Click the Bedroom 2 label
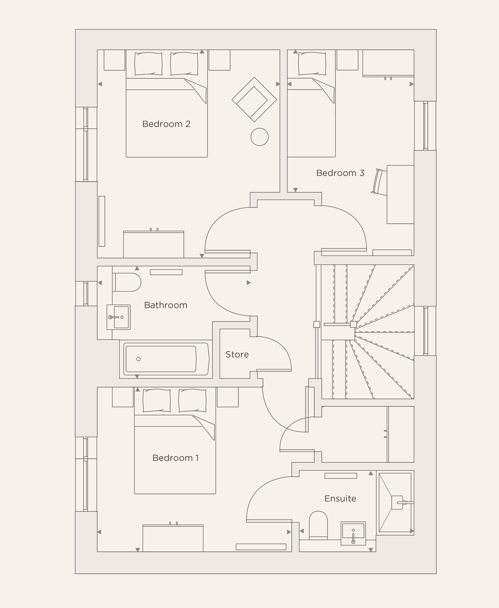click(166, 124)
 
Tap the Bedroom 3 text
click(340, 173)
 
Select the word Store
click(237, 354)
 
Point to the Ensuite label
click(340, 498)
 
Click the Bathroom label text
click(166, 305)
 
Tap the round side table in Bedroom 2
click(259, 137)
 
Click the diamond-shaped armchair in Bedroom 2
click(254, 100)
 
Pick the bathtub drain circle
click(138, 359)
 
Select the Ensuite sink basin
click(353, 533)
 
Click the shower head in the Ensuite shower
click(397, 502)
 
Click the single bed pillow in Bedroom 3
click(312, 64)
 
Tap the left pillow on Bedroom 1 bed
click(156, 400)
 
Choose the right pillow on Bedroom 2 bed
click(184, 64)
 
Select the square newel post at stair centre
click(353, 324)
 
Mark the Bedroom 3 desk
click(400, 195)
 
